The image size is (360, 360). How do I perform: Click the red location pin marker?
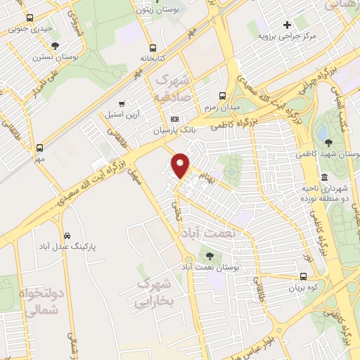[181, 165]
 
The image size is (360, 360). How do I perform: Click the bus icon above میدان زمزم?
[223, 96]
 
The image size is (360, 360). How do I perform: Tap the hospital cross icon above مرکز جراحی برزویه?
[287, 25]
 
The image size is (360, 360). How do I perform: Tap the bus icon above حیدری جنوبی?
[29, 18]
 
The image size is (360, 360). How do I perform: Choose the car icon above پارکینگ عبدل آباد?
[66, 236]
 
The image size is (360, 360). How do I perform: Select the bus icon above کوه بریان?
[303, 276]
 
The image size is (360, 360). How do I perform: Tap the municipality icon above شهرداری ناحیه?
[324, 176]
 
